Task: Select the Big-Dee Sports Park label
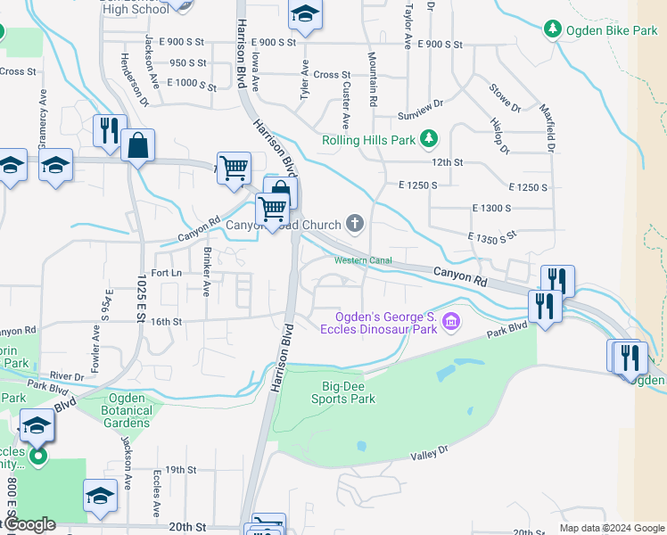coord(348,393)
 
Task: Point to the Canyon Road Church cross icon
coord(355,223)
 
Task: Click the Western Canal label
coord(363,260)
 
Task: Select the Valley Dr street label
coord(429,455)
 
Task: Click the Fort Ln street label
coord(167,273)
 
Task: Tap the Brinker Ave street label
coord(207,272)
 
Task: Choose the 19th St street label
coord(180,469)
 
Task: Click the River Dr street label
coord(67,376)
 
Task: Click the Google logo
coord(29,524)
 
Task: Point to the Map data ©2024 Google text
coord(611,528)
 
